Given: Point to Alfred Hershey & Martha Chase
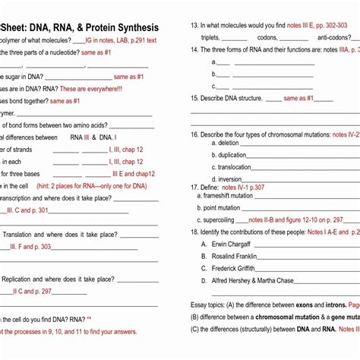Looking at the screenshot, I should coord(252,280).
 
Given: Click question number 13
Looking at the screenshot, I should coord(194,25).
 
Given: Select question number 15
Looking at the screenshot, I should coord(194,98).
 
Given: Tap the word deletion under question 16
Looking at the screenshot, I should coord(229,143).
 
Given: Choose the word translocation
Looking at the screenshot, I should coord(235,167).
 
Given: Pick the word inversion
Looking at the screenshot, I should coord(230,179).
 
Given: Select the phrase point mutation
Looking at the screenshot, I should coord(222,207).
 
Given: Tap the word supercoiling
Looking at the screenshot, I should coord(224,219).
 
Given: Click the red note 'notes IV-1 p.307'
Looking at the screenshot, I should coord(243,187).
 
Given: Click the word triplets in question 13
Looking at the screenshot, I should coord(210,37).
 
